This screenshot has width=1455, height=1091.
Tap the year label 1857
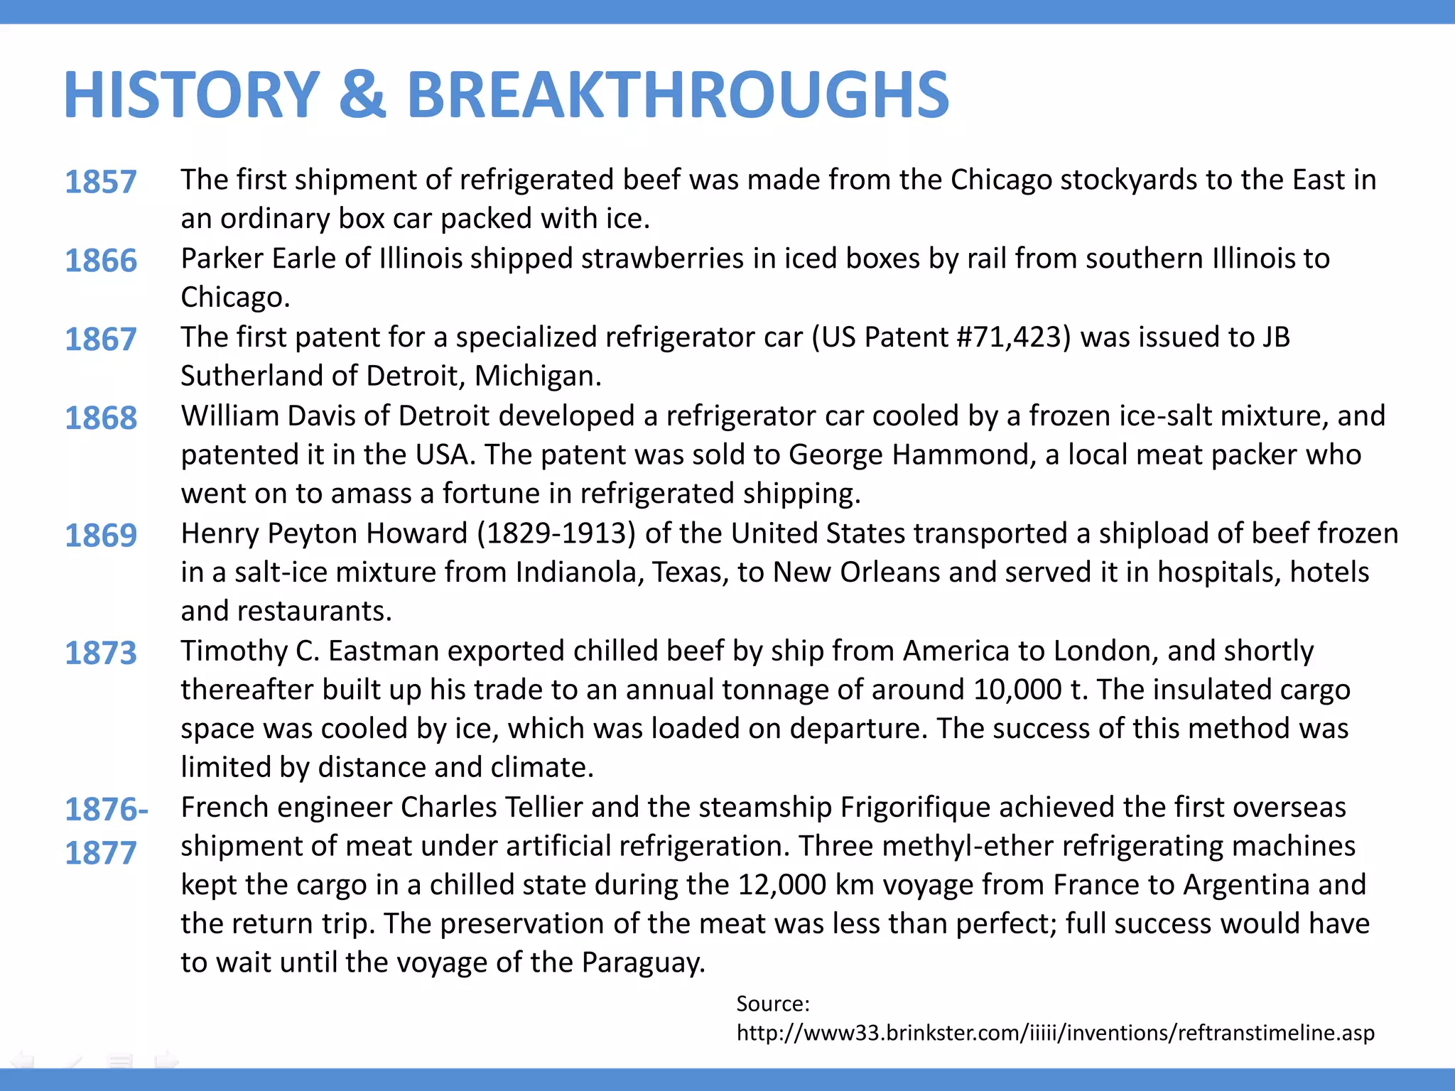[100, 182]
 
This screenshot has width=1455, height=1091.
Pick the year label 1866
[100, 261]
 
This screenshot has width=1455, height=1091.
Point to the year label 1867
[100, 340]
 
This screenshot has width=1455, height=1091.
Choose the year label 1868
[100, 418]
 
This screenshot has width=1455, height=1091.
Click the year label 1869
[100, 536]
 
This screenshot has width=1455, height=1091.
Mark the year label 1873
[100, 653]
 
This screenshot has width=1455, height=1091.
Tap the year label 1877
[100, 853]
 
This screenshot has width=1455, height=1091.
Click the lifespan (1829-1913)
[556, 533]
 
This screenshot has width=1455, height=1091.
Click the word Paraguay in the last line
[642, 963]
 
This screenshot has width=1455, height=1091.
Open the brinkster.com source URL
[1055, 1033]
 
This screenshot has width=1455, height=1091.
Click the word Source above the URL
[772, 1004]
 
